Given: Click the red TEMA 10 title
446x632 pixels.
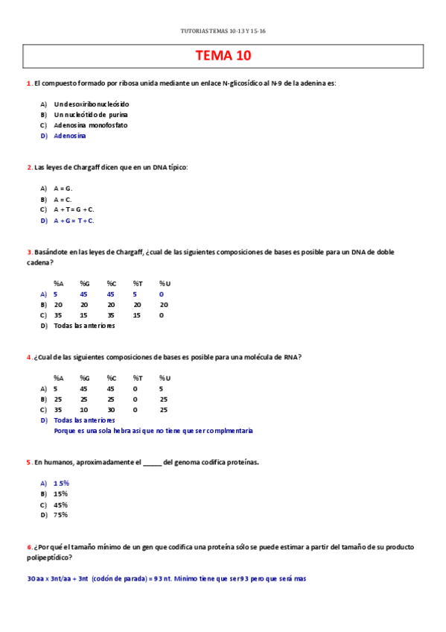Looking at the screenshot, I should [x=223, y=56].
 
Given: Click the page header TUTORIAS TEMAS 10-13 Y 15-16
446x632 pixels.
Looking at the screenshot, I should [x=223, y=31].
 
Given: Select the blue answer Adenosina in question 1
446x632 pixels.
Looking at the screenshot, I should [x=70, y=136].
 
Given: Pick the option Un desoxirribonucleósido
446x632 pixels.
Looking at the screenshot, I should [x=91, y=104].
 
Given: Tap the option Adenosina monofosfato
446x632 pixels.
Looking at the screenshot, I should [x=90, y=125].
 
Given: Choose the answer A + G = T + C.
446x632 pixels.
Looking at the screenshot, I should [x=74, y=221].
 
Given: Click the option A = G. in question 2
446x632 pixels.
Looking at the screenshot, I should [x=63, y=189].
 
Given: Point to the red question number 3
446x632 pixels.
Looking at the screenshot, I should [x=28, y=252].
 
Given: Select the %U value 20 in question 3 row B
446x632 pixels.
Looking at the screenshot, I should [x=164, y=305].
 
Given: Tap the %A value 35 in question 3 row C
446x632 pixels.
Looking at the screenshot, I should [x=58, y=315].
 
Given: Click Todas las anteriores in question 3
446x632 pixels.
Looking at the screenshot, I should [x=84, y=326].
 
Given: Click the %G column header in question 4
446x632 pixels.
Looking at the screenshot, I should [x=85, y=378].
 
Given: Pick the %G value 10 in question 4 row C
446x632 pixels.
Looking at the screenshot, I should [x=84, y=409].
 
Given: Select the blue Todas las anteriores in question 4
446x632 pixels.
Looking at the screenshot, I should [x=84, y=420].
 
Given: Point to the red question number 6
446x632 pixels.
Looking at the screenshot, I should [x=28, y=547].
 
